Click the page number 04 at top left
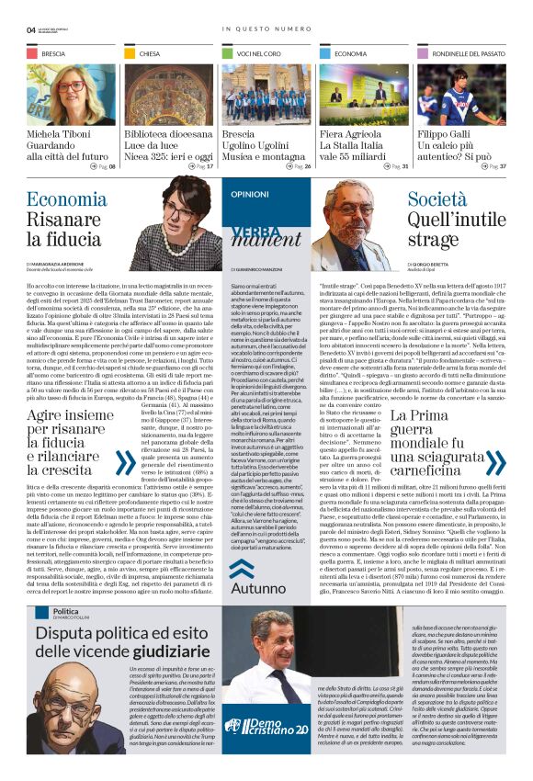[x=31, y=29]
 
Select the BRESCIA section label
[x=53, y=55]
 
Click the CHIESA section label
[x=150, y=55]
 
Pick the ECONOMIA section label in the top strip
[x=350, y=55]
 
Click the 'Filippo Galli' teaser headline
[x=444, y=134]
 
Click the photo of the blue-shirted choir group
[x=266, y=94]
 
